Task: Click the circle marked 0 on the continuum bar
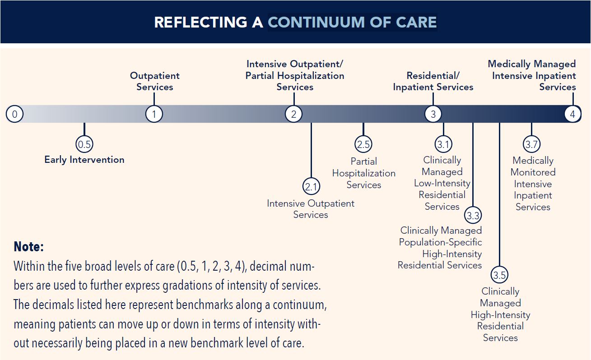coord(15,114)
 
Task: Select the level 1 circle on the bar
coord(154,114)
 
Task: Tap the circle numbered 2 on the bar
coord(293,114)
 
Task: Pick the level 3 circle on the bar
coord(433,114)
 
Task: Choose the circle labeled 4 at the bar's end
coord(572,114)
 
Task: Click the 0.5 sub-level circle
coord(84,144)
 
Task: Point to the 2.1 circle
coord(312,187)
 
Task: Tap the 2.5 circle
coord(363,144)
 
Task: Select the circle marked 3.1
coord(443,144)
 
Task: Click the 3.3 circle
coord(473,215)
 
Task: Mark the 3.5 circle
coord(499,275)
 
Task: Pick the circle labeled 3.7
coord(532,144)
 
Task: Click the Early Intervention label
coord(84,160)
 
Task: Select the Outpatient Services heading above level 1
coord(154,81)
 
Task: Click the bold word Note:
coord(29,247)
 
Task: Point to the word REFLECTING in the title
coord(201,22)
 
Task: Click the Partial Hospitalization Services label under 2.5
coord(364,173)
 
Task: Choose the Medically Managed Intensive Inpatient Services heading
coord(532,75)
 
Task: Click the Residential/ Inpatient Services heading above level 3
coord(433,81)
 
